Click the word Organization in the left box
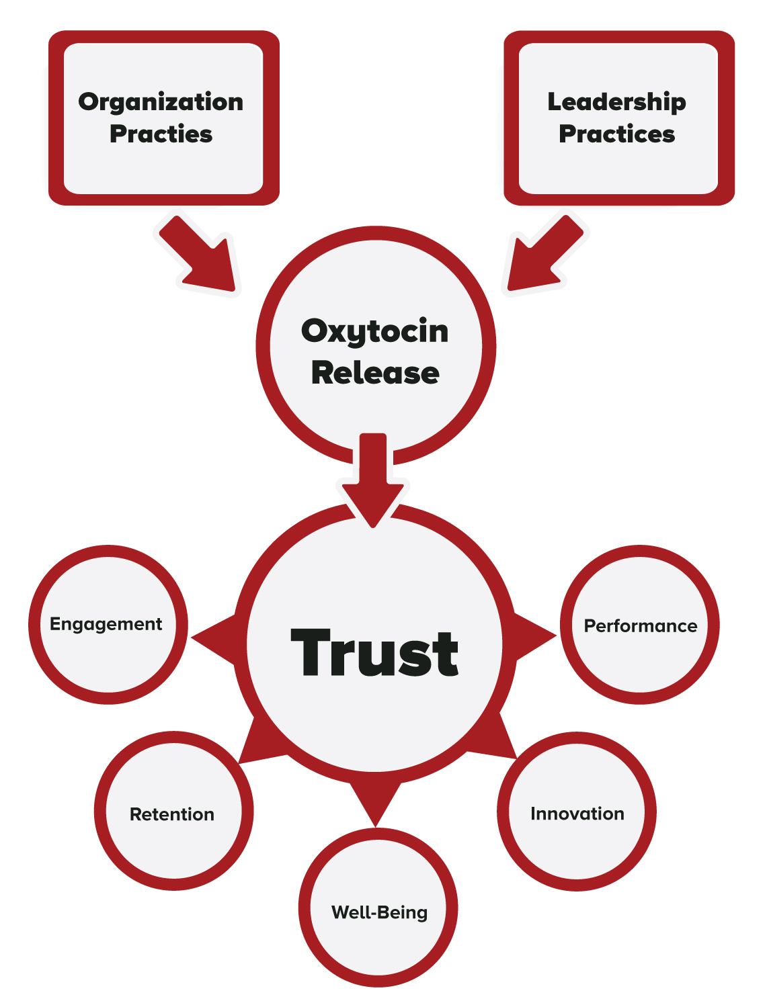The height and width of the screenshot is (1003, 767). click(161, 102)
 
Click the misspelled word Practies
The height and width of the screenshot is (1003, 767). click(161, 134)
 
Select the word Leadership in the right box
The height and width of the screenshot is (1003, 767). click(616, 102)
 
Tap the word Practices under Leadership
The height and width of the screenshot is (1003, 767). click(616, 134)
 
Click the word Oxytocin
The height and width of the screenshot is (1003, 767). click(374, 332)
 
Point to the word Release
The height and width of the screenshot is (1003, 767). click(374, 373)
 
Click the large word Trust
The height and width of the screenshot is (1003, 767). click(374, 653)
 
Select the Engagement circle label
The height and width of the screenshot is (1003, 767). click(106, 624)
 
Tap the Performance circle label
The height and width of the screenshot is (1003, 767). click(640, 626)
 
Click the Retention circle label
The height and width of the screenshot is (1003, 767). click(172, 814)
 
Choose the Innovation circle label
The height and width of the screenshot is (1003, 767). click(577, 814)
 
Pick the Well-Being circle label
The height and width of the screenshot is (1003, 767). click(379, 912)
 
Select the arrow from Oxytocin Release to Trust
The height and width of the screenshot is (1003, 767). click(373, 480)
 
